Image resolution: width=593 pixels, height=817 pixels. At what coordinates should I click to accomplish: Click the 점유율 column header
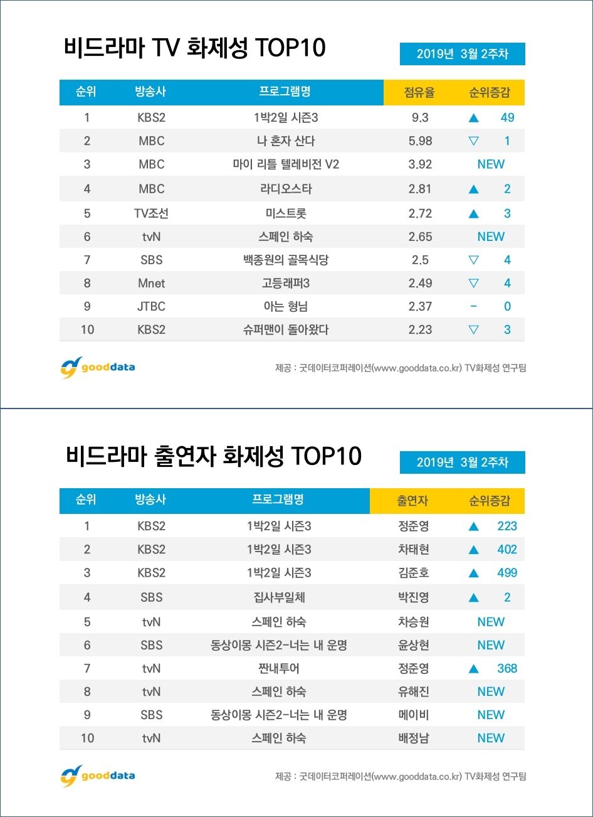point(419,93)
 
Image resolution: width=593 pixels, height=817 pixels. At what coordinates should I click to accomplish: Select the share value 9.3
point(420,117)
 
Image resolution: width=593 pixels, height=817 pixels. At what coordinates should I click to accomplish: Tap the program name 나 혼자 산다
point(286,141)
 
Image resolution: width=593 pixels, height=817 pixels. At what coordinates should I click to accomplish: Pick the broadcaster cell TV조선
point(151,213)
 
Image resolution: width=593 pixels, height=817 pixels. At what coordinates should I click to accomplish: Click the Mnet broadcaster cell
point(151,283)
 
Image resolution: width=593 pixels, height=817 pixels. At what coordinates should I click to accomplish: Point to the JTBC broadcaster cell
point(151,306)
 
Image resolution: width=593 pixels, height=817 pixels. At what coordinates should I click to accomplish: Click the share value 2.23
point(420,329)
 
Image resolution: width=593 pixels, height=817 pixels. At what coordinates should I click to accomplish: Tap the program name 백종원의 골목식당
point(286,260)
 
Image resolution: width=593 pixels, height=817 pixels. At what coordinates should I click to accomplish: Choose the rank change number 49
point(507,117)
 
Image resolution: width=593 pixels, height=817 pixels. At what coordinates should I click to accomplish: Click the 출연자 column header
point(412,501)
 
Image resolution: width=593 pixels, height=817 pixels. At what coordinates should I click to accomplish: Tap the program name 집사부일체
point(278,597)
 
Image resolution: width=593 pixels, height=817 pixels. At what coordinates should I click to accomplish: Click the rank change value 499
point(507,572)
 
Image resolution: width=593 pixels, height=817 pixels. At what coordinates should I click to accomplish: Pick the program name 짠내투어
point(278,668)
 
